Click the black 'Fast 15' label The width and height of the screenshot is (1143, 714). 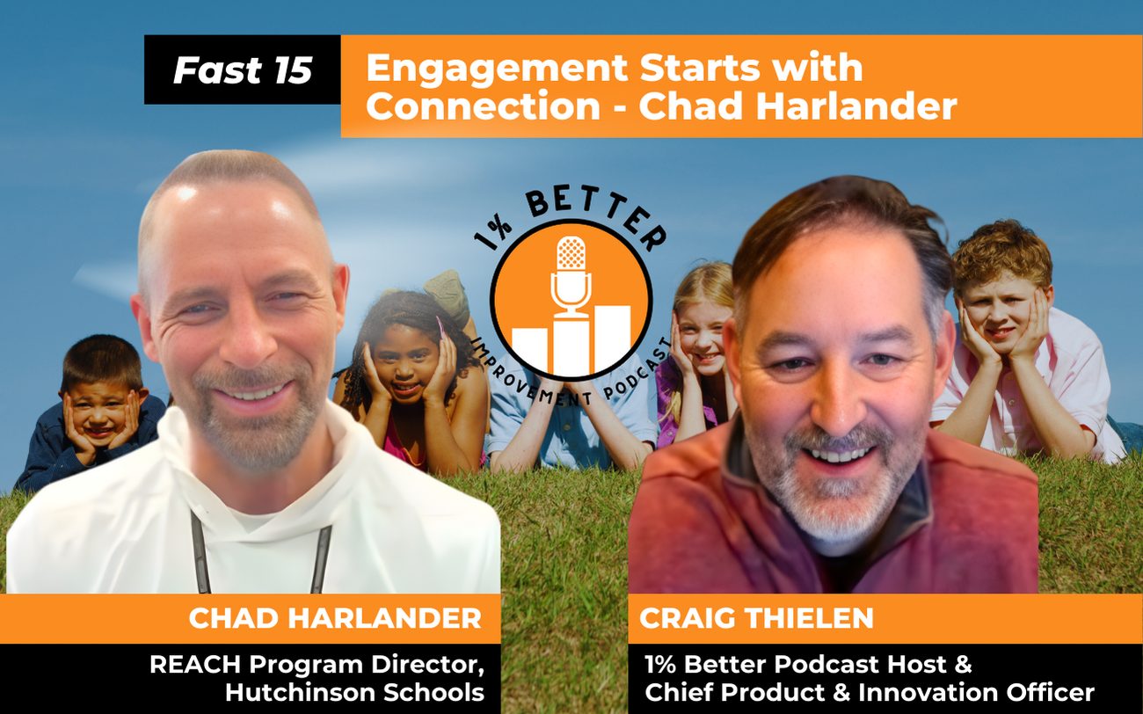click(x=243, y=70)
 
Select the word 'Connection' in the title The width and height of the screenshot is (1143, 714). click(x=483, y=106)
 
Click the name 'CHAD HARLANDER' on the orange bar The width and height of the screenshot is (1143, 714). click(x=335, y=618)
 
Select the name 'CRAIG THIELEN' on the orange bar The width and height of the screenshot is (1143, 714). click(x=756, y=618)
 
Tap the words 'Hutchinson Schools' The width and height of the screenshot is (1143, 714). click(x=354, y=692)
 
